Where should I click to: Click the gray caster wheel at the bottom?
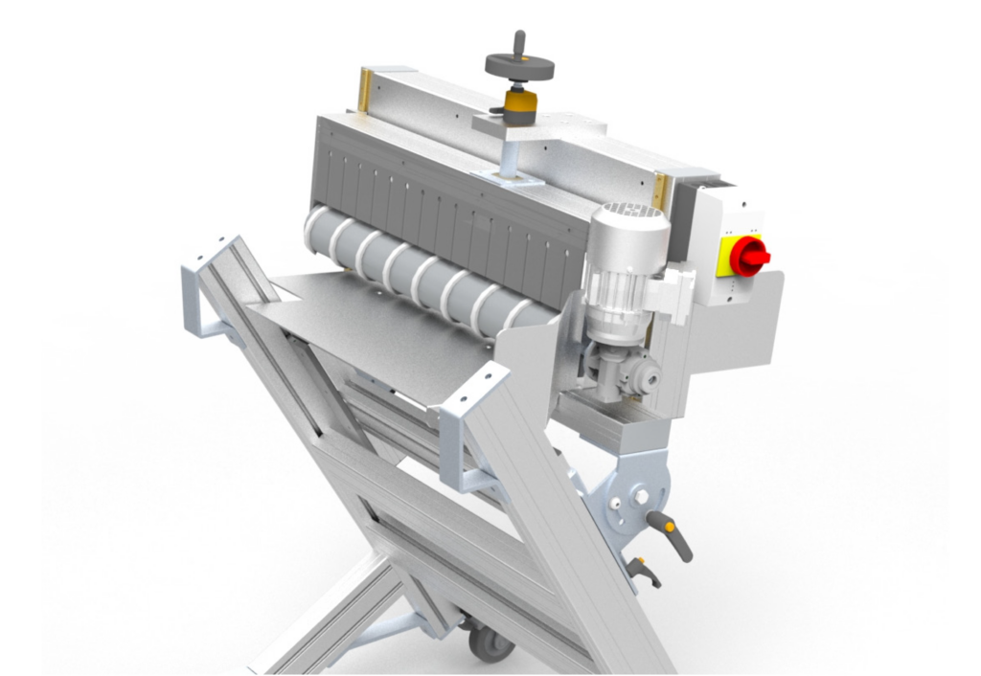(490, 642)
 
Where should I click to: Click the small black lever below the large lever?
(645, 572)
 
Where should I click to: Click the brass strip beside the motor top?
(660, 190)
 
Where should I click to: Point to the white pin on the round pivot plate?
(640, 495)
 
